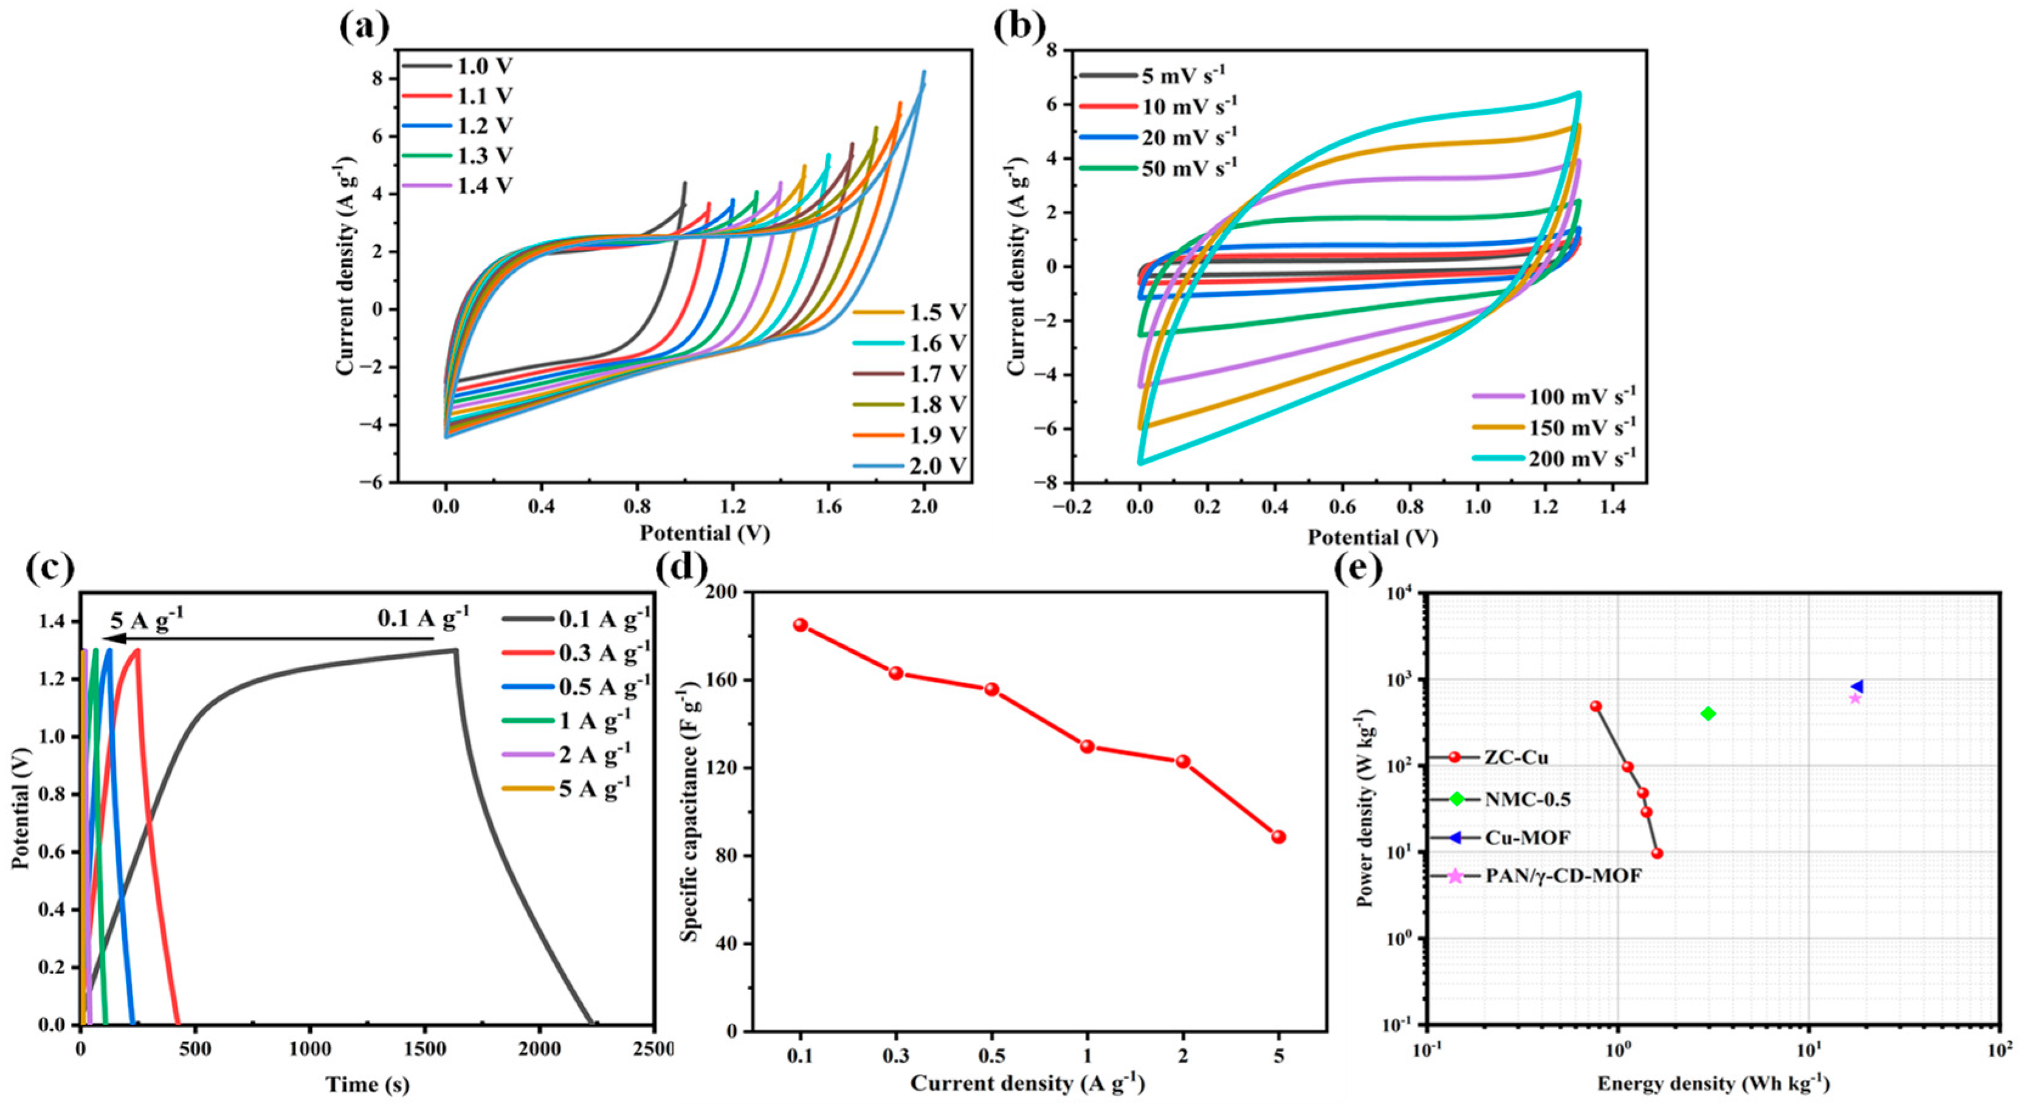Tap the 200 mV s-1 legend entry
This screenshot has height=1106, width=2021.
(x=1554, y=458)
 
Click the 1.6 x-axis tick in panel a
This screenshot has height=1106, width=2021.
(x=829, y=507)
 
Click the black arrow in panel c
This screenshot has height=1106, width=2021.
(x=267, y=639)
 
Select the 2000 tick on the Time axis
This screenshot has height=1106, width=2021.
(x=539, y=1049)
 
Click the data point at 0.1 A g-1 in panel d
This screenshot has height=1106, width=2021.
(x=800, y=625)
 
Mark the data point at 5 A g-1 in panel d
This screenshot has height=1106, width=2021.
(x=1279, y=837)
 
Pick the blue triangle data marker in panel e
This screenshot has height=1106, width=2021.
(x=1856, y=686)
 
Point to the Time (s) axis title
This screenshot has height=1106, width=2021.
(x=367, y=1084)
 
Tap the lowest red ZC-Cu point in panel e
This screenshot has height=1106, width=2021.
(x=1657, y=853)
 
